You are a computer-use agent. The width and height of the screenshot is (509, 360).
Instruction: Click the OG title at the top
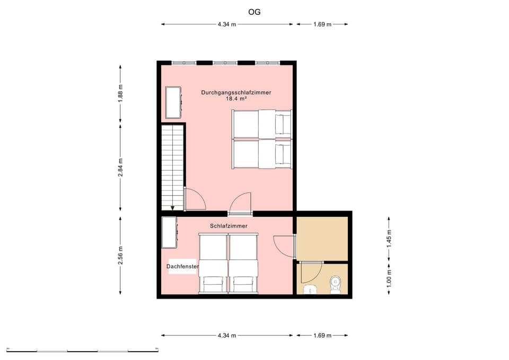tap(254, 11)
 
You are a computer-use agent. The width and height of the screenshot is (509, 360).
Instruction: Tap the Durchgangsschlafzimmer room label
tap(236, 92)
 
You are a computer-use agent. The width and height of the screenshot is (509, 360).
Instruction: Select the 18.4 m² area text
tap(236, 99)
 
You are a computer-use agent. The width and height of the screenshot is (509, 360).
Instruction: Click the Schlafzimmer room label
tap(229, 226)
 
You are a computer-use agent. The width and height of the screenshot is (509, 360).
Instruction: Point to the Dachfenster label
tap(182, 266)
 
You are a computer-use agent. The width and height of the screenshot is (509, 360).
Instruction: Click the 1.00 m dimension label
tap(389, 279)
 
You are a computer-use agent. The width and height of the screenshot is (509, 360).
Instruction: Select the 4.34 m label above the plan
tap(226, 24)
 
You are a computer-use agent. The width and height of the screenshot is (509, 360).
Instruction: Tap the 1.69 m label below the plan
tap(322, 336)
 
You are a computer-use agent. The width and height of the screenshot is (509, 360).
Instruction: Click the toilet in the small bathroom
tap(336, 284)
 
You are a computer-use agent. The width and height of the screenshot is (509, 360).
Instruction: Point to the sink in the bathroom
tap(310, 289)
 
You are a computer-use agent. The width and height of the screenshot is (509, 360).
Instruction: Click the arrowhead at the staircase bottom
tap(172, 208)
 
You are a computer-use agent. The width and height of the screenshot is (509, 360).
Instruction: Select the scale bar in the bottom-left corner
tap(83, 350)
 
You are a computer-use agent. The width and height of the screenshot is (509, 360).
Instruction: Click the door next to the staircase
tap(194, 199)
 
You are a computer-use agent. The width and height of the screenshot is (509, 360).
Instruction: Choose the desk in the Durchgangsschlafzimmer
tap(174, 102)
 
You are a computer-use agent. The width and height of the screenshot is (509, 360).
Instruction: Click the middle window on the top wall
tap(225, 63)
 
